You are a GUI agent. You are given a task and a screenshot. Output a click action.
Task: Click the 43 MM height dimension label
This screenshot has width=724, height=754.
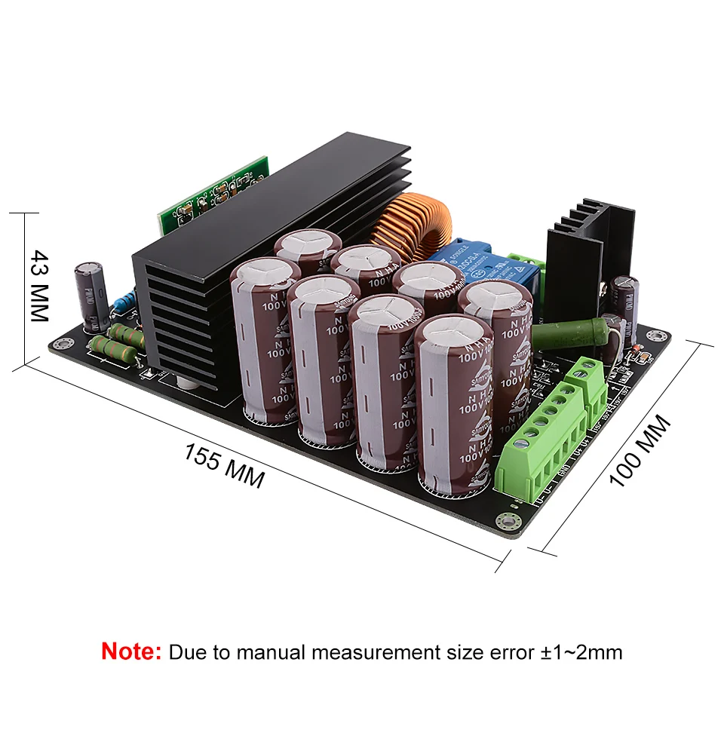point(39,286)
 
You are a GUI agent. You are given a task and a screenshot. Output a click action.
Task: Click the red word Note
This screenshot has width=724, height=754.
point(131,651)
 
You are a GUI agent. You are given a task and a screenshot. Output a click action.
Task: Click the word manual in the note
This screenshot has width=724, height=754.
point(272,651)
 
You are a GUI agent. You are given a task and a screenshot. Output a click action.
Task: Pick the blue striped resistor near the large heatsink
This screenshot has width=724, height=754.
point(123,303)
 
